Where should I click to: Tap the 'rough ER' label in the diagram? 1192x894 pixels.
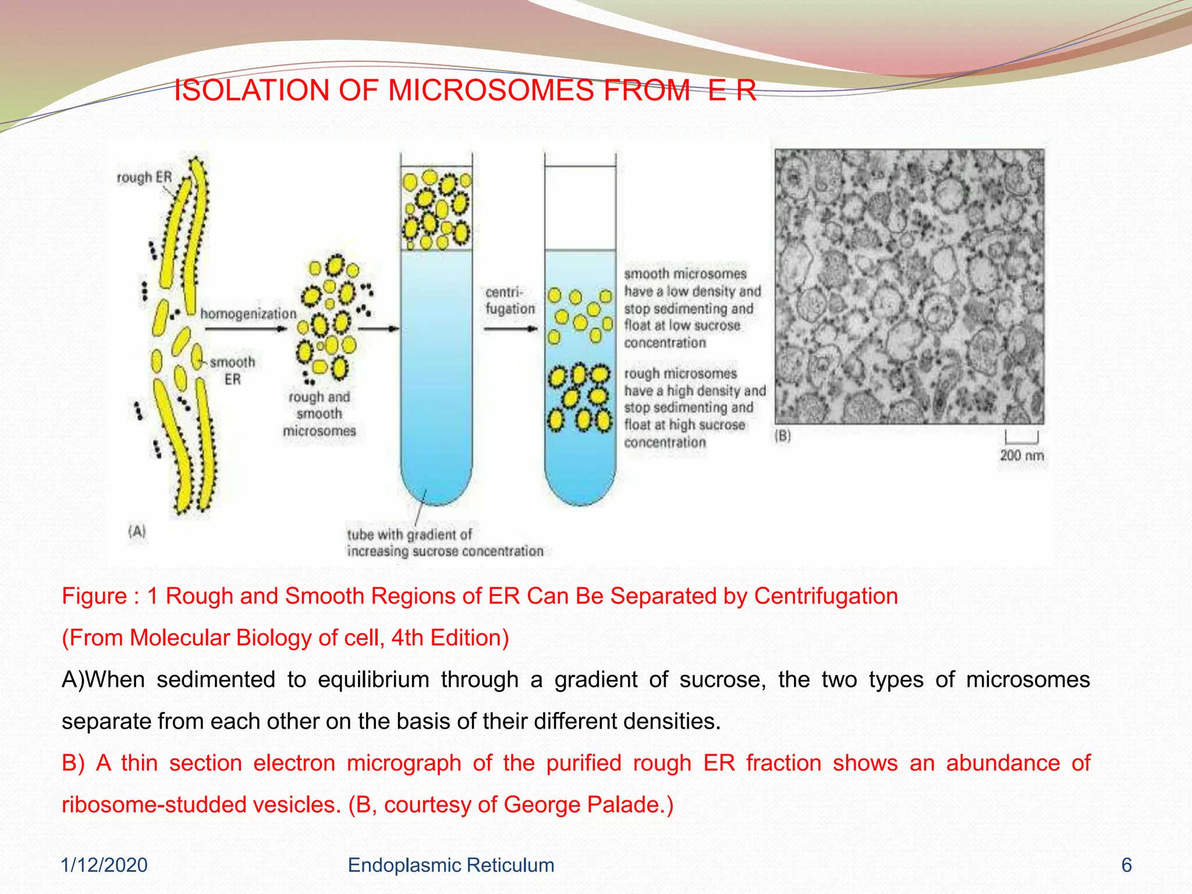coord(144,177)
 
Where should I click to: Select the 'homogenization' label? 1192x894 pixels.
coord(249,314)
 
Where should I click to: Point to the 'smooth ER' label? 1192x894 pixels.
coord(232,370)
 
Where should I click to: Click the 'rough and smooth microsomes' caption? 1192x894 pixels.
coord(319,414)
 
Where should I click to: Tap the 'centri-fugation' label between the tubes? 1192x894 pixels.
coord(510,300)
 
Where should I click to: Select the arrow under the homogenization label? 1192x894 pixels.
coord(246,329)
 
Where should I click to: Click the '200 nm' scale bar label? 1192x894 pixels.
coord(1021,455)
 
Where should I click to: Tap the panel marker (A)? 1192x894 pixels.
coord(137,531)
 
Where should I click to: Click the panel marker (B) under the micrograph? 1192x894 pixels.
coord(783,435)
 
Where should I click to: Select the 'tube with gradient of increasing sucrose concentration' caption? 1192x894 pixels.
coord(445,542)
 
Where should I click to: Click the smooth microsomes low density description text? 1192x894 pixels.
coord(691,308)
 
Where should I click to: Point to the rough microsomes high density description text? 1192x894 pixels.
coord(694,407)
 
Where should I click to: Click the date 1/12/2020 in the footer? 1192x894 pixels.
coord(104,865)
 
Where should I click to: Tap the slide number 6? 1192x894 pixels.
coord(1126,865)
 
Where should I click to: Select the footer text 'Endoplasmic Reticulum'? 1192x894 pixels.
coord(450,865)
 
